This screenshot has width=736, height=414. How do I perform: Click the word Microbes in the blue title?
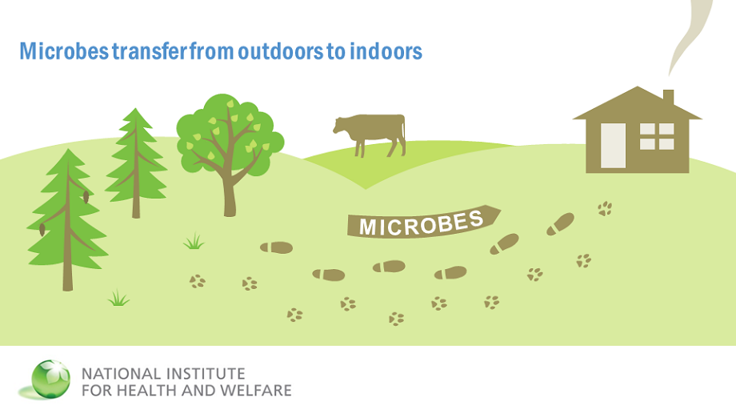[x=64, y=51]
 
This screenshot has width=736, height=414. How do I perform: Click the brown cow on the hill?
[x=370, y=135]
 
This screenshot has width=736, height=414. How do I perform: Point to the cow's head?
[x=340, y=126]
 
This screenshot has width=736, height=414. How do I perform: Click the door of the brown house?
[x=613, y=145]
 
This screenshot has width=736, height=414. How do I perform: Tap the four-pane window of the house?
[x=657, y=136]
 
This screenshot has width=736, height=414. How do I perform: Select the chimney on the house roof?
[x=669, y=97]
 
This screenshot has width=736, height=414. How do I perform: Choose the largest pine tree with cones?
[x=68, y=220]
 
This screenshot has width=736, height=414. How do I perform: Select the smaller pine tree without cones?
[x=136, y=163]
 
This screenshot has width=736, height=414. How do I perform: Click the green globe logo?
[x=50, y=380]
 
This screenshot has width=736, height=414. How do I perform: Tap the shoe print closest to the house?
[x=561, y=223]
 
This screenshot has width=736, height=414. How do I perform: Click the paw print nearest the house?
[x=605, y=208]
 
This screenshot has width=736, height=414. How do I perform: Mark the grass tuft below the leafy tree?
[x=194, y=241]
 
